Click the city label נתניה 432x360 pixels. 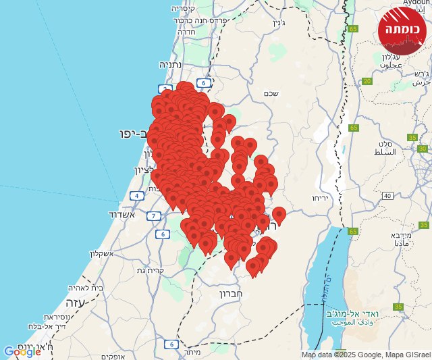point(173,65)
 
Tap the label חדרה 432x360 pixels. point(186,31)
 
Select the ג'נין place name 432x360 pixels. point(279,22)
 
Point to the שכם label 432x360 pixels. point(271,94)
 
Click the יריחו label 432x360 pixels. point(319,198)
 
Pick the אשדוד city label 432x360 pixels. point(122,214)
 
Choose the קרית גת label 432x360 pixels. point(151,271)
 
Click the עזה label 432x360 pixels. point(75,303)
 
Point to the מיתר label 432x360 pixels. point(192,352)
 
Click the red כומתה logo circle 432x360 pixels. point(402,30)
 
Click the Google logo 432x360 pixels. point(22,352)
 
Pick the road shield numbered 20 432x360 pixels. point(367,81)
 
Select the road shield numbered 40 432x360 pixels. point(387,195)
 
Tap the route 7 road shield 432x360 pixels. point(154,216)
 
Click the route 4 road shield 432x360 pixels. point(137,196)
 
